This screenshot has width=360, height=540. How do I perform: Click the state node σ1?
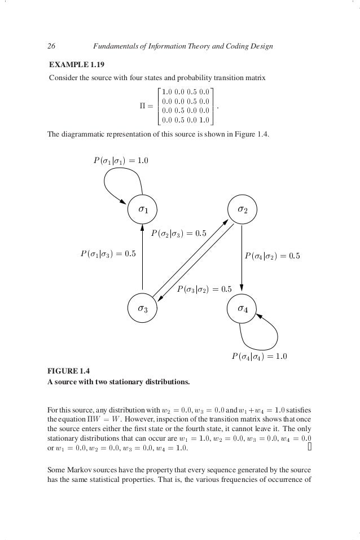pos(143,209)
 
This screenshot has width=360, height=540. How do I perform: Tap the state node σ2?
pos(242,209)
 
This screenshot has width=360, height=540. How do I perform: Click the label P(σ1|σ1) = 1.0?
pos(121,161)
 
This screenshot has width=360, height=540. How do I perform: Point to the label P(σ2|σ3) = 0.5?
pos(179,233)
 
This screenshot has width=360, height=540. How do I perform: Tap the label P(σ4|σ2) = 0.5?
pos(272,256)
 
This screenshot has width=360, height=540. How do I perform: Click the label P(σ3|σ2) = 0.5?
pos(204,289)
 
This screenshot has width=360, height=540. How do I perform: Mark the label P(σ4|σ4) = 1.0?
pos(260,357)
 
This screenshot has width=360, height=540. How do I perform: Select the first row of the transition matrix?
pos(185,91)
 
